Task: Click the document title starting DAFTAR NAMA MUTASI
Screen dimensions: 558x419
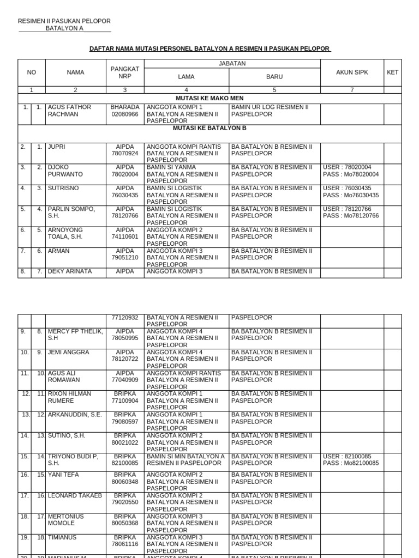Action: pos(210,49)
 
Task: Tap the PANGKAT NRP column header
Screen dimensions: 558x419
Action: pos(125,72)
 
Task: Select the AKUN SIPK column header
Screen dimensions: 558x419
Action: pos(352,72)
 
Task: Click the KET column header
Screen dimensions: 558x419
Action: pos(392,72)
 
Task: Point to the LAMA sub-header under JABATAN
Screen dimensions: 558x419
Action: pos(186,77)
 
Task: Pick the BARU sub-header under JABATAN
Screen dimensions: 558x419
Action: pos(274,77)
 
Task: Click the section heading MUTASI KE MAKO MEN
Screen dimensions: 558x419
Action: pos(209,98)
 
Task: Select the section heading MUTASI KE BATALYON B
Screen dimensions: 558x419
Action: pos(209,128)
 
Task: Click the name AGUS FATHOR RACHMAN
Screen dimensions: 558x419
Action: pos(70,111)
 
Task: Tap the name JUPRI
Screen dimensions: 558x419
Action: pos(57,147)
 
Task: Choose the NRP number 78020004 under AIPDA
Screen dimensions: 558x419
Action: pos(125,174)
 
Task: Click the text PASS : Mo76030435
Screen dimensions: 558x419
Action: pos(351,195)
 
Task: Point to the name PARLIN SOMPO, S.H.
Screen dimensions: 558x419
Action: pos(71,213)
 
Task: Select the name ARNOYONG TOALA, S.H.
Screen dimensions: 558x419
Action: pos(65,233)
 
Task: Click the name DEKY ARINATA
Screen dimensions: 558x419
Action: pos(70,271)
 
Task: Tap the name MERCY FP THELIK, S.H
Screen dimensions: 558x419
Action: pos(75,335)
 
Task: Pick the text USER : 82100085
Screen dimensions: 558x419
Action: pos(347,456)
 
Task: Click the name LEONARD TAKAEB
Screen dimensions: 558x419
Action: pos(75,495)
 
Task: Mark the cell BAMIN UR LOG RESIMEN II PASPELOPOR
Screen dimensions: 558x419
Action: pos(270,111)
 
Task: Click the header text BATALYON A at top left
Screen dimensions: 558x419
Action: pos(64,28)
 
